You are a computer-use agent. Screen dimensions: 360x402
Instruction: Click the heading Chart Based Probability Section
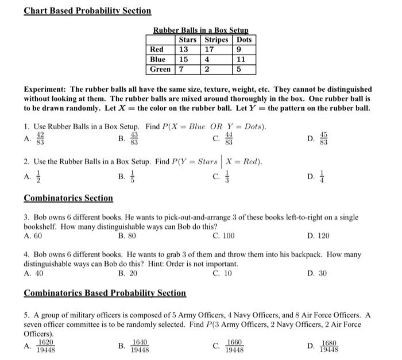point(87,11)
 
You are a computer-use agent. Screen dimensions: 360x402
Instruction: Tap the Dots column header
point(244,40)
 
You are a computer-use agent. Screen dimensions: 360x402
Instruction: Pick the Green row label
point(160,69)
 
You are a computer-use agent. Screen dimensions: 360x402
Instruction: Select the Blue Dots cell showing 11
point(241,60)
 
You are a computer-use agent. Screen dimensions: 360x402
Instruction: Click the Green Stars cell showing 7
point(181,69)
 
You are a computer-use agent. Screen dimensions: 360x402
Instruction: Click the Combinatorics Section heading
point(68,199)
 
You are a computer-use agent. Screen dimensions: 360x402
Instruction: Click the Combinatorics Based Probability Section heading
point(105,293)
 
